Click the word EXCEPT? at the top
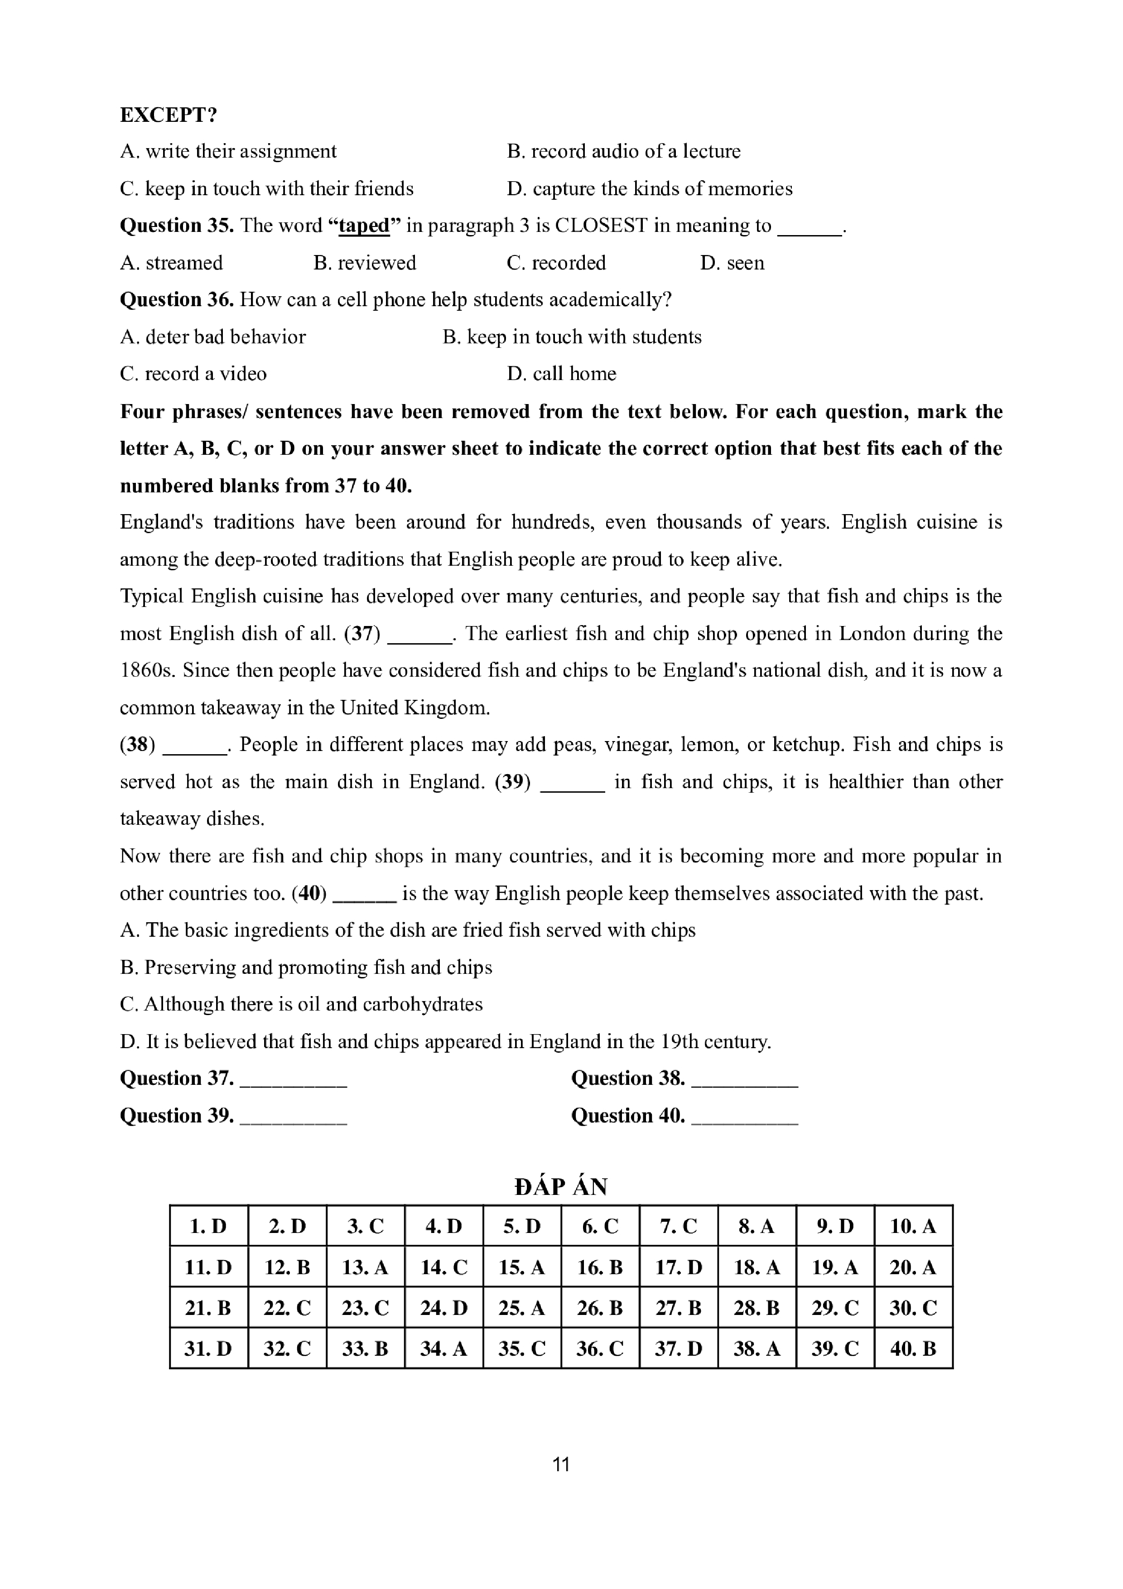pos(168,115)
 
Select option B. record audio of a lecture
pos(623,152)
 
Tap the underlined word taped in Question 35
pos(363,226)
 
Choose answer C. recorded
pos(556,263)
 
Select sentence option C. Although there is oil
pos(301,1004)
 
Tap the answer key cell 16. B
pos(600,1267)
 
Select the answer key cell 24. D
pos(443,1308)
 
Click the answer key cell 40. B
pos(913,1349)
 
